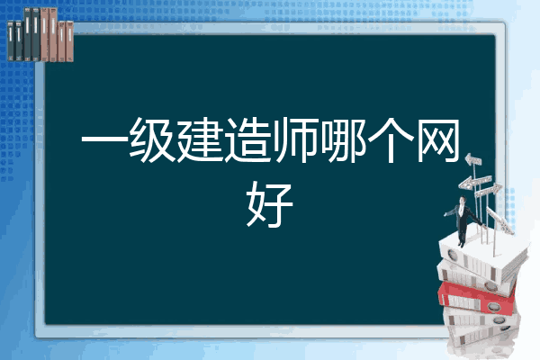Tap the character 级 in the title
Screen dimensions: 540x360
click(151, 139)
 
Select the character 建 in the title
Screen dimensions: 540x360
click(200, 139)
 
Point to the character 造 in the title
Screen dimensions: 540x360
click(247, 139)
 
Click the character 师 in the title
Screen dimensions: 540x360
click(295, 139)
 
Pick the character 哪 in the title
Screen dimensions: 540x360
click(343, 139)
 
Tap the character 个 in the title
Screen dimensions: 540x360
click(391, 139)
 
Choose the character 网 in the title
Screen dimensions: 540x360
click(438, 139)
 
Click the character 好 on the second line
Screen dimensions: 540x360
click(270, 204)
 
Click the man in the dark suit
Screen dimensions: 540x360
click(463, 220)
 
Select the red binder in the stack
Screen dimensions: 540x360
click(477, 298)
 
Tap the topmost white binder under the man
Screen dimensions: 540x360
click(482, 257)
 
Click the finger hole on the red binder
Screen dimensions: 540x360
click(493, 306)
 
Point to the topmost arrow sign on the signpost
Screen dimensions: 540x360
click(473, 160)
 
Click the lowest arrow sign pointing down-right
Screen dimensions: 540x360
click(499, 220)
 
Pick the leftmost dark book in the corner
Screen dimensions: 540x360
click(11, 40)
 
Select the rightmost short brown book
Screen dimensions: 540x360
click(69, 41)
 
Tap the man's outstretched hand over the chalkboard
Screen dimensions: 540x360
click(445, 214)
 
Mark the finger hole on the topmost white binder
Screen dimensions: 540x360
click(452, 255)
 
